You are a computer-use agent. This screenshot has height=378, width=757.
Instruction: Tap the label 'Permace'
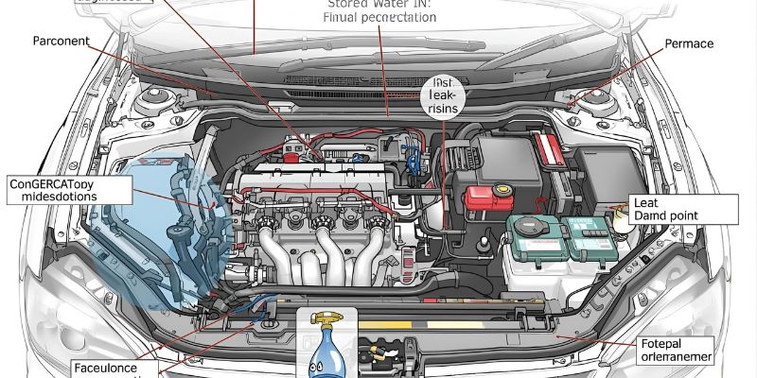point(688,43)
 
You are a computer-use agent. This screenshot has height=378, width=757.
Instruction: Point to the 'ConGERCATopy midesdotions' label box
point(66,188)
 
